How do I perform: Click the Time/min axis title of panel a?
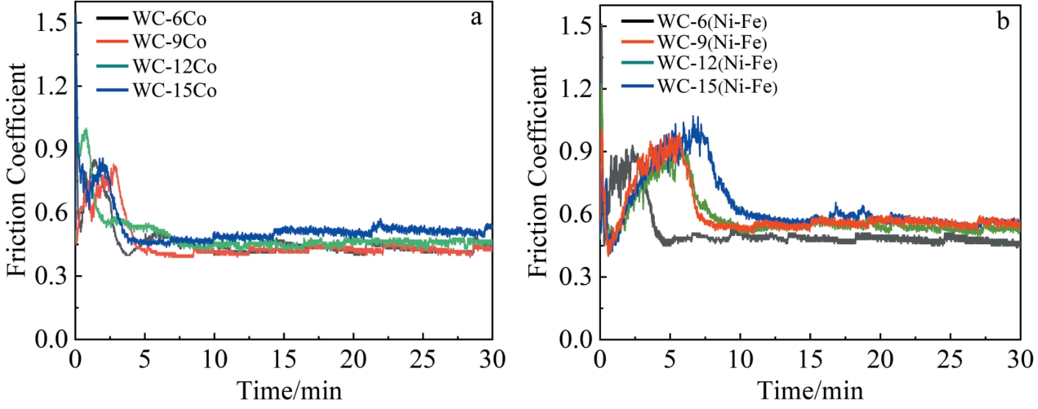click(x=282, y=388)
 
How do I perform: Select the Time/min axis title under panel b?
click(x=811, y=388)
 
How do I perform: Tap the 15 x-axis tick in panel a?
click(x=283, y=360)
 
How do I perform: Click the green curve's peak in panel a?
click(x=87, y=129)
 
